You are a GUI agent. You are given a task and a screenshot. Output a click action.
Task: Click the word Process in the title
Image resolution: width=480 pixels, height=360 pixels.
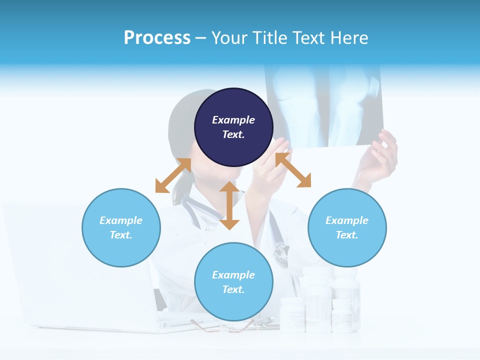pyautogui.click(x=157, y=38)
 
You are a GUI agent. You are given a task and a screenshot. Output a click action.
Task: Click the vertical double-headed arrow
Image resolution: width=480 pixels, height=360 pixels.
pyautogui.click(x=229, y=205)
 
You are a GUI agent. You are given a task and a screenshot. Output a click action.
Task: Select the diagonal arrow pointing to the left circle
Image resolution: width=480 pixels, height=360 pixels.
pyautogui.click(x=173, y=175)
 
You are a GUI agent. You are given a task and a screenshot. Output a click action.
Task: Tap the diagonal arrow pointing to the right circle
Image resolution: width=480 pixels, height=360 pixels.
pyautogui.click(x=293, y=170)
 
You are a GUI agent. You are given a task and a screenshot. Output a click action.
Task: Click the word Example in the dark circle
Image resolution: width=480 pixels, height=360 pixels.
pyautogui.click(x=233, y=120)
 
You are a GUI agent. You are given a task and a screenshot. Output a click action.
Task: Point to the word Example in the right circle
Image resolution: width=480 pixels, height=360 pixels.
pyautogui.click(x=347, y=220)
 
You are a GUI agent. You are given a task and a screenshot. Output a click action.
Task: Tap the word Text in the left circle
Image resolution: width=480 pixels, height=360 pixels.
pyautogui.click(x=120, y=235)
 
